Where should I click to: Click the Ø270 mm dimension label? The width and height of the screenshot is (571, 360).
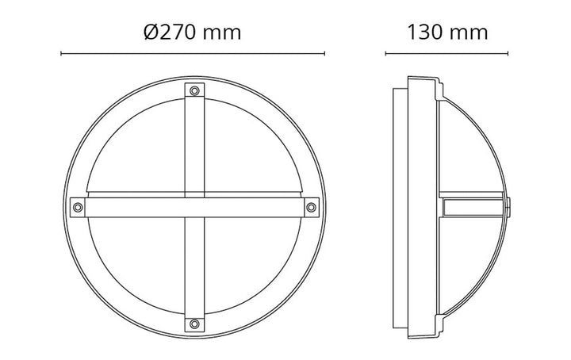pos(192,33)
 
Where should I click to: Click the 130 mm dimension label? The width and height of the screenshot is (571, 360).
pos(447,33)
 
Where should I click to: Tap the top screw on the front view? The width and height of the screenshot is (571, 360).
pos(194,90)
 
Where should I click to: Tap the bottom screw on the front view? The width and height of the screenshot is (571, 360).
pos(194,324)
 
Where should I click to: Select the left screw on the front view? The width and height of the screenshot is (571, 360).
pos(78,208)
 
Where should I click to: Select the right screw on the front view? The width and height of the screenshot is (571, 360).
pos(312,208)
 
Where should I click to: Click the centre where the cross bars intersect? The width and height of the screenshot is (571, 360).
pos(194,208)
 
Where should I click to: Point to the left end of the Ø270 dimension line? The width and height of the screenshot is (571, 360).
pos(61,54)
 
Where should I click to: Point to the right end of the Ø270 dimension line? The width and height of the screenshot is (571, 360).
pos(324,54)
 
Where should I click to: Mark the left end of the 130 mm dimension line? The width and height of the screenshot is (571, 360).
pos(385,54)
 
